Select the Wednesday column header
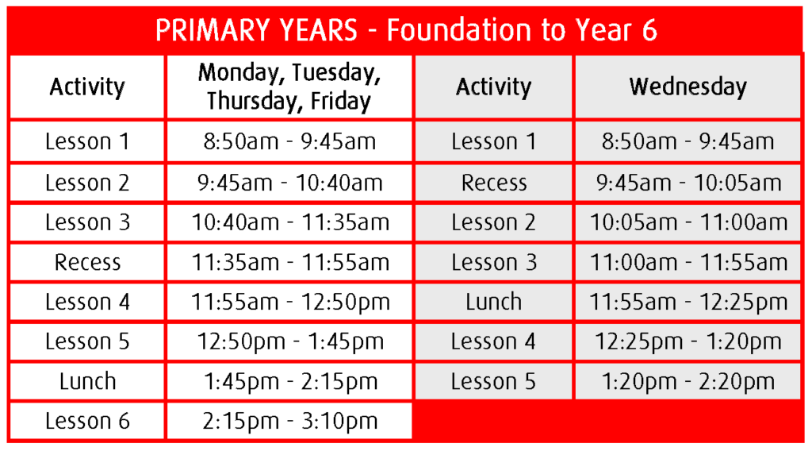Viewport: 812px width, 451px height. (x=688, y=87)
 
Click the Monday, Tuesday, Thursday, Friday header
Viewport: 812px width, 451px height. (x=289, y=87)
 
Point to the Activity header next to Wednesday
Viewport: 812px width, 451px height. (x=493, y=87)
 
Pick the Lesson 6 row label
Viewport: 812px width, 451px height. (x=87, y=421)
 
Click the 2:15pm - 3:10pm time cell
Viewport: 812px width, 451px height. (x=289, y=421)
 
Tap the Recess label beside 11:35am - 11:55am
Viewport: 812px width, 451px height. (x=87, y=262)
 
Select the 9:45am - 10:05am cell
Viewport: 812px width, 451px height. (x=688, y=183)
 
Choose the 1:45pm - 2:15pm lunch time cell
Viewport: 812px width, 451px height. (x=289, y=382)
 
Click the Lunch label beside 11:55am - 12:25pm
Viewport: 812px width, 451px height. (x=493, y=302)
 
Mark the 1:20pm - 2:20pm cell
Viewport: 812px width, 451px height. (x=688, y=382)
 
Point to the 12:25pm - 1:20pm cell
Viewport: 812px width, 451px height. (x=688, y=341)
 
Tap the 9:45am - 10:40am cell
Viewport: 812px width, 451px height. (x=289, y=183)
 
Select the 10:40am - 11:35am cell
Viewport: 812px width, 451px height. (x=289, y=222)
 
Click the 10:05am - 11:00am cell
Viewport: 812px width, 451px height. (x=688, y=222)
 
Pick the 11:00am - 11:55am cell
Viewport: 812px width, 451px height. (x=688, y=262)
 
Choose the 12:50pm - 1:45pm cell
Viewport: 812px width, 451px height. (x=289, y=341)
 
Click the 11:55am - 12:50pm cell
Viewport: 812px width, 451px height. (x=289, y=302)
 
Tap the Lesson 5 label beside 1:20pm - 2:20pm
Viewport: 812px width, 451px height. (x=493, y=382)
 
